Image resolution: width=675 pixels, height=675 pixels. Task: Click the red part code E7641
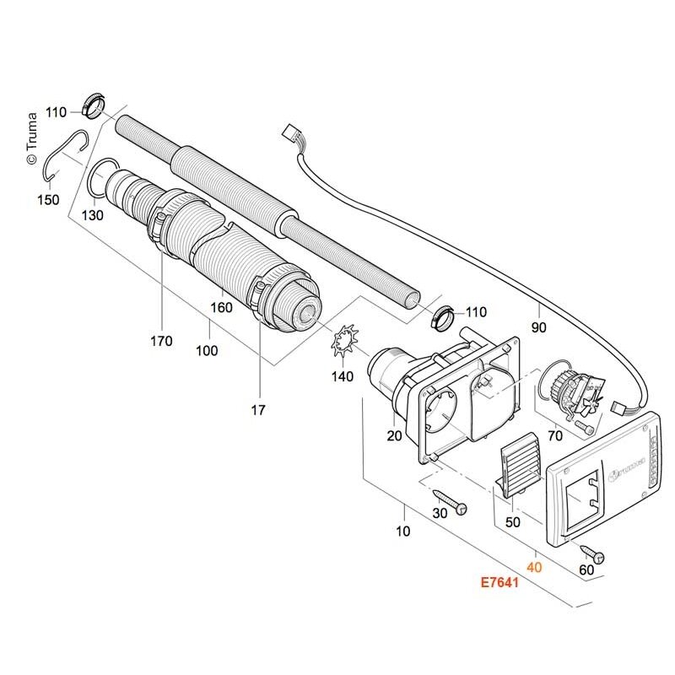tap(499, 582)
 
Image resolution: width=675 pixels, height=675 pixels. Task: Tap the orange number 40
tap(534, 567)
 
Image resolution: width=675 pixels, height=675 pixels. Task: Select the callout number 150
tap(48, 200)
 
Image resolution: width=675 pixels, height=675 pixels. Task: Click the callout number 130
tap(93, 215)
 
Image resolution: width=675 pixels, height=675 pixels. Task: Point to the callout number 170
tap(161, 341)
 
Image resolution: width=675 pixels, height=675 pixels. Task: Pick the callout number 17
tap(258, 410)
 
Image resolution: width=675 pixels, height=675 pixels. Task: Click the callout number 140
tap(343, 376)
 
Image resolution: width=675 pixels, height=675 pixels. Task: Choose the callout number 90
tap(538, 327)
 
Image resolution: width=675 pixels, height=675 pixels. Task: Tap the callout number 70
tap(555, 435)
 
